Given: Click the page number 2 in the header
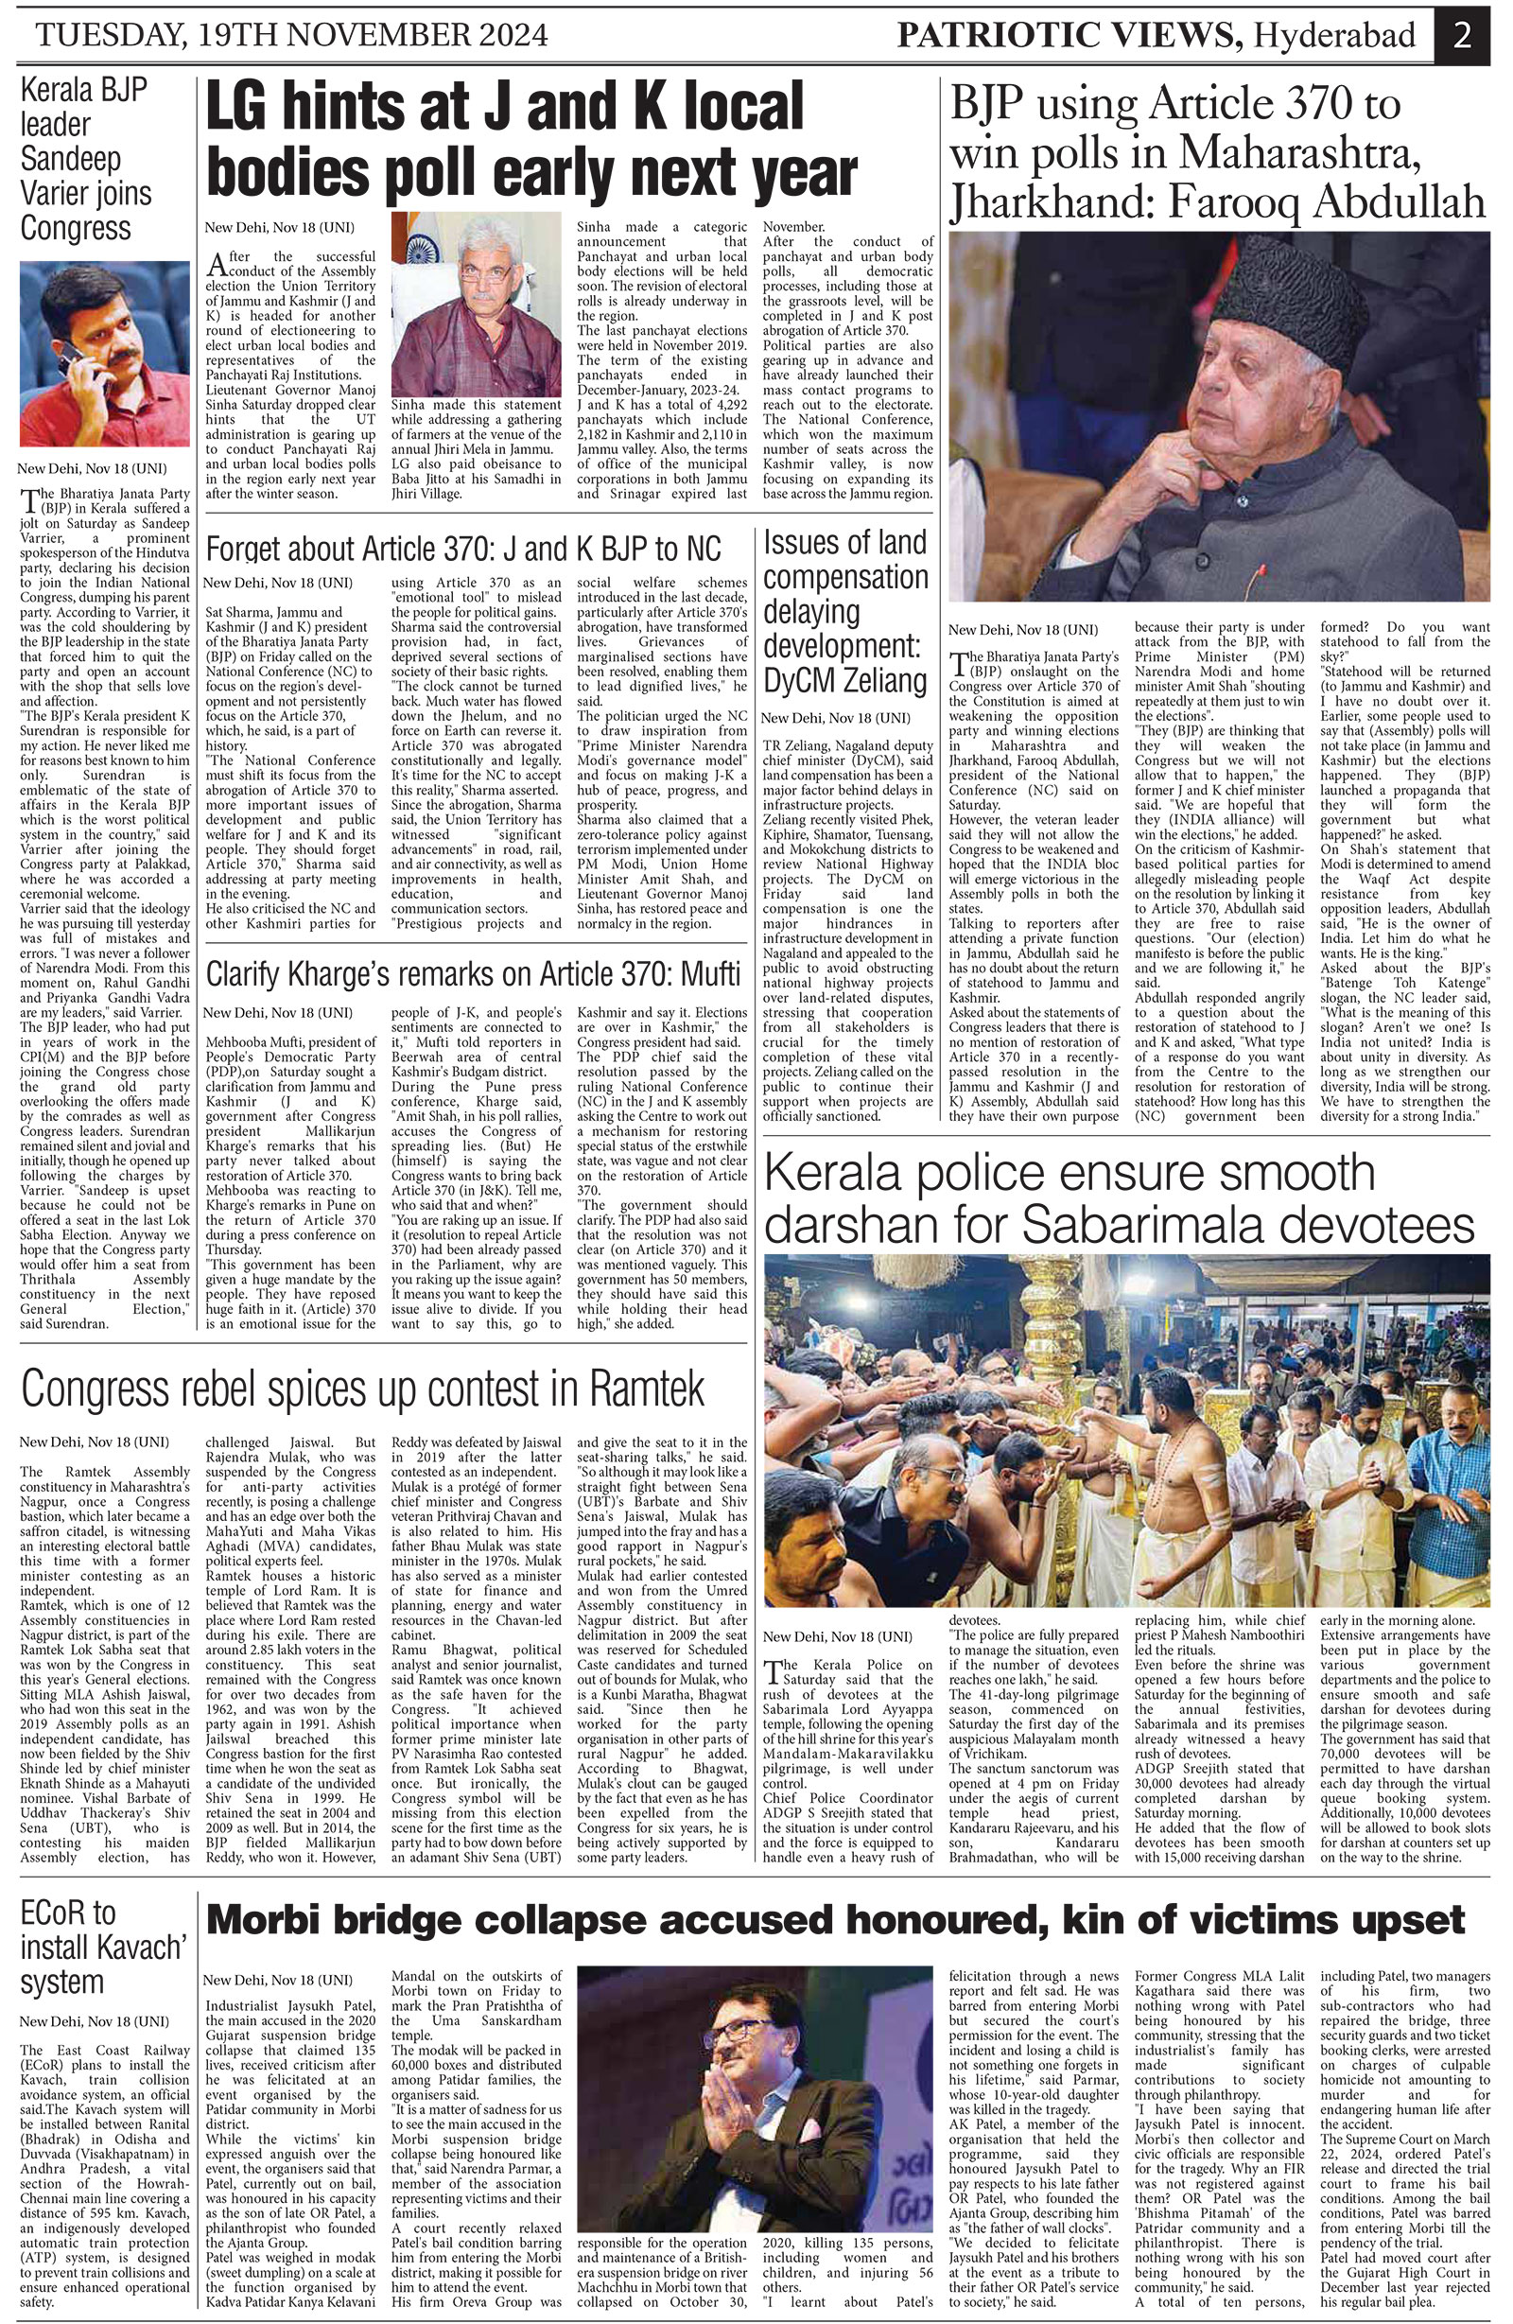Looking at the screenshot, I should tap(1461, 36).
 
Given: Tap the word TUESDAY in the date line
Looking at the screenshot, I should tap(108, 36).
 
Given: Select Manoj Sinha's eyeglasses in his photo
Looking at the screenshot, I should tap(485, 274).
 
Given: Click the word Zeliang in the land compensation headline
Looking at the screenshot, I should tap(873, 680).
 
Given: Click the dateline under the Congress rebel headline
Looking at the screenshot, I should tap(94, 1442).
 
